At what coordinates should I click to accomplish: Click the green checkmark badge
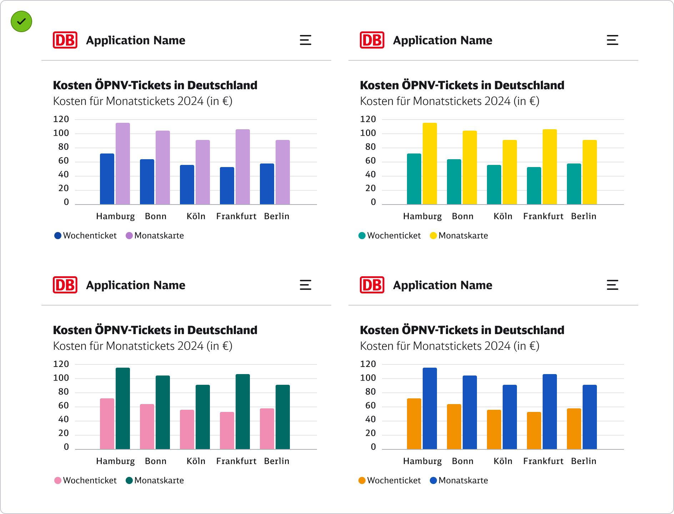click(x=21, y=21)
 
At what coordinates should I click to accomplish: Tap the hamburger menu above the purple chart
click(x=305, y=40)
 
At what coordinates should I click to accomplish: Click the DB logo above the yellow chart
click(x=372, y=40)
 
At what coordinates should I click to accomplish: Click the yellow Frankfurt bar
click(x=550, y=167)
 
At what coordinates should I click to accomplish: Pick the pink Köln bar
click(x=187, y=429)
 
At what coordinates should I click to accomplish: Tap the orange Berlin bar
click(x=574, y=429)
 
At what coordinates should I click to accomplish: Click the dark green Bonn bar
click(x=163, y=412)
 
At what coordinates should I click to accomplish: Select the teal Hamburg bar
click(x=414, y=179)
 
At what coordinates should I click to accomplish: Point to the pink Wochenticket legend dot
click(x=58, y=480)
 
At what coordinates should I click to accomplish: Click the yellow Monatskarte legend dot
click(x=433, y=236)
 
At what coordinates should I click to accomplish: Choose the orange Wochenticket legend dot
click(x=362, y=480)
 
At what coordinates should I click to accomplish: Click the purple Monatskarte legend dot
click(x=129, y=236)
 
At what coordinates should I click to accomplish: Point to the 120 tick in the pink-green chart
click(x=61, y=364)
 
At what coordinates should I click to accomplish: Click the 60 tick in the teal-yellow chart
click(x=371, y=161)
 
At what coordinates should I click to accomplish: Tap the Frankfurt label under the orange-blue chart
click(x=543, y=461)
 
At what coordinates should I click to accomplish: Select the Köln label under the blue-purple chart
click(x=196, y=216)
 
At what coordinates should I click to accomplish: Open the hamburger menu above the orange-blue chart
click(x=612, y=285)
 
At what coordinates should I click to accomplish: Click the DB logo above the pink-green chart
click(x=65, y=285)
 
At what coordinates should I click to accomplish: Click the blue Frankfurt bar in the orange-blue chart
click(x=550, y=412)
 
